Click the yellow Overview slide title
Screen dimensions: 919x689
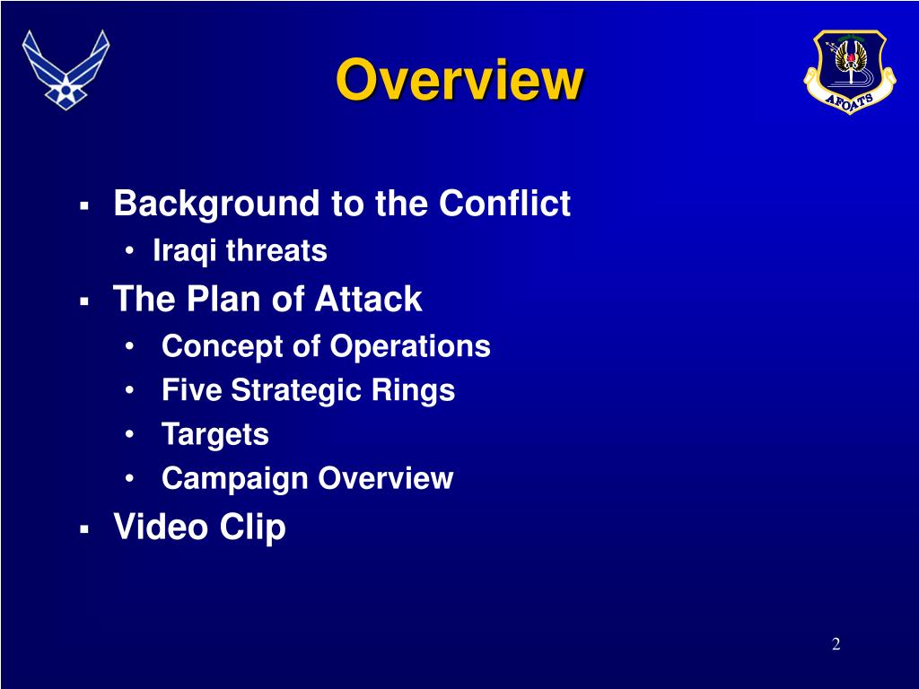(459, 80)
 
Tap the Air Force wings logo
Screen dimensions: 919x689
(66, 70)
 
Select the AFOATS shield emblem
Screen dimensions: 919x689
(849, 71)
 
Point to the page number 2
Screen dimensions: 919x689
(836, 644)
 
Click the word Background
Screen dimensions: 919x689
(217, 205)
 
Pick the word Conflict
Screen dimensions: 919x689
(504, 203)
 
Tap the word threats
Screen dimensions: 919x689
(276, 250)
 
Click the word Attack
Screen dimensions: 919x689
(368, 299)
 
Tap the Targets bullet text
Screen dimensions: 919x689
(215, 435)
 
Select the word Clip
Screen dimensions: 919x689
(252, 528)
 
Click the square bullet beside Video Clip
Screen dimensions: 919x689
(84, 529)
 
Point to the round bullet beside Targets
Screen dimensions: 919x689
(129, 435)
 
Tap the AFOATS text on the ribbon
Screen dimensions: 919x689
(849, 100)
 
